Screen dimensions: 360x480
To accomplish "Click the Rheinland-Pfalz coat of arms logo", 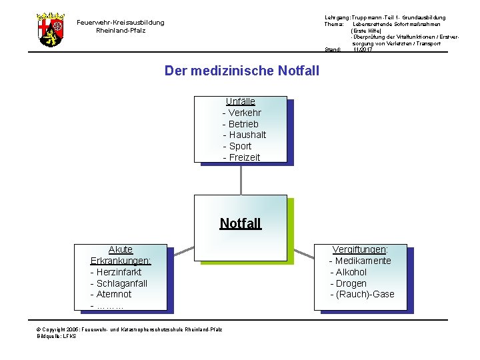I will click(51, 29).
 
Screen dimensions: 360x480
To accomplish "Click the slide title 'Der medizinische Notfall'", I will click(241, 71).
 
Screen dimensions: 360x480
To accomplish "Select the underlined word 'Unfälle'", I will click(240, 101).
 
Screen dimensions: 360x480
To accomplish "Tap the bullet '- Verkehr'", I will click(241, 113).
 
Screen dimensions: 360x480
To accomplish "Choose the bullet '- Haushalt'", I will click(244, 135).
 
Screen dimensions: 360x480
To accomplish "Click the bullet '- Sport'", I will click(237, 146).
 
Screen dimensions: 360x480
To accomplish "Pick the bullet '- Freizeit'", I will click(241, 157).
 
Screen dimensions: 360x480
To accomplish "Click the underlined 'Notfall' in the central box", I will click(241, 223).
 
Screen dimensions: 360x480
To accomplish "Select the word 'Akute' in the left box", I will click(121, 249).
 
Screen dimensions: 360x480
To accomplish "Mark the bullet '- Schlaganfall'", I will click(119, 283).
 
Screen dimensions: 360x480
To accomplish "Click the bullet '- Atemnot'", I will click(111, 294).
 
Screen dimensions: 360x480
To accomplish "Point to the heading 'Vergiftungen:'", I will click(361, 249).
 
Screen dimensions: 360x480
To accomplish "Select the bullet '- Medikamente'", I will click(360, 261).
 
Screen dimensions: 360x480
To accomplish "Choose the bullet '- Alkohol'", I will click(348, 272).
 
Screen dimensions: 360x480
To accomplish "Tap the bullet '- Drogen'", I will click(348, 283).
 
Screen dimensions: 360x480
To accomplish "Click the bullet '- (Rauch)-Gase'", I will click(362, 294).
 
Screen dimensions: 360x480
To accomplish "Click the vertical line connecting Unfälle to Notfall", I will click(241, 179).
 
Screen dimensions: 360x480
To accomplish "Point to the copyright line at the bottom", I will click(130, 329).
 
